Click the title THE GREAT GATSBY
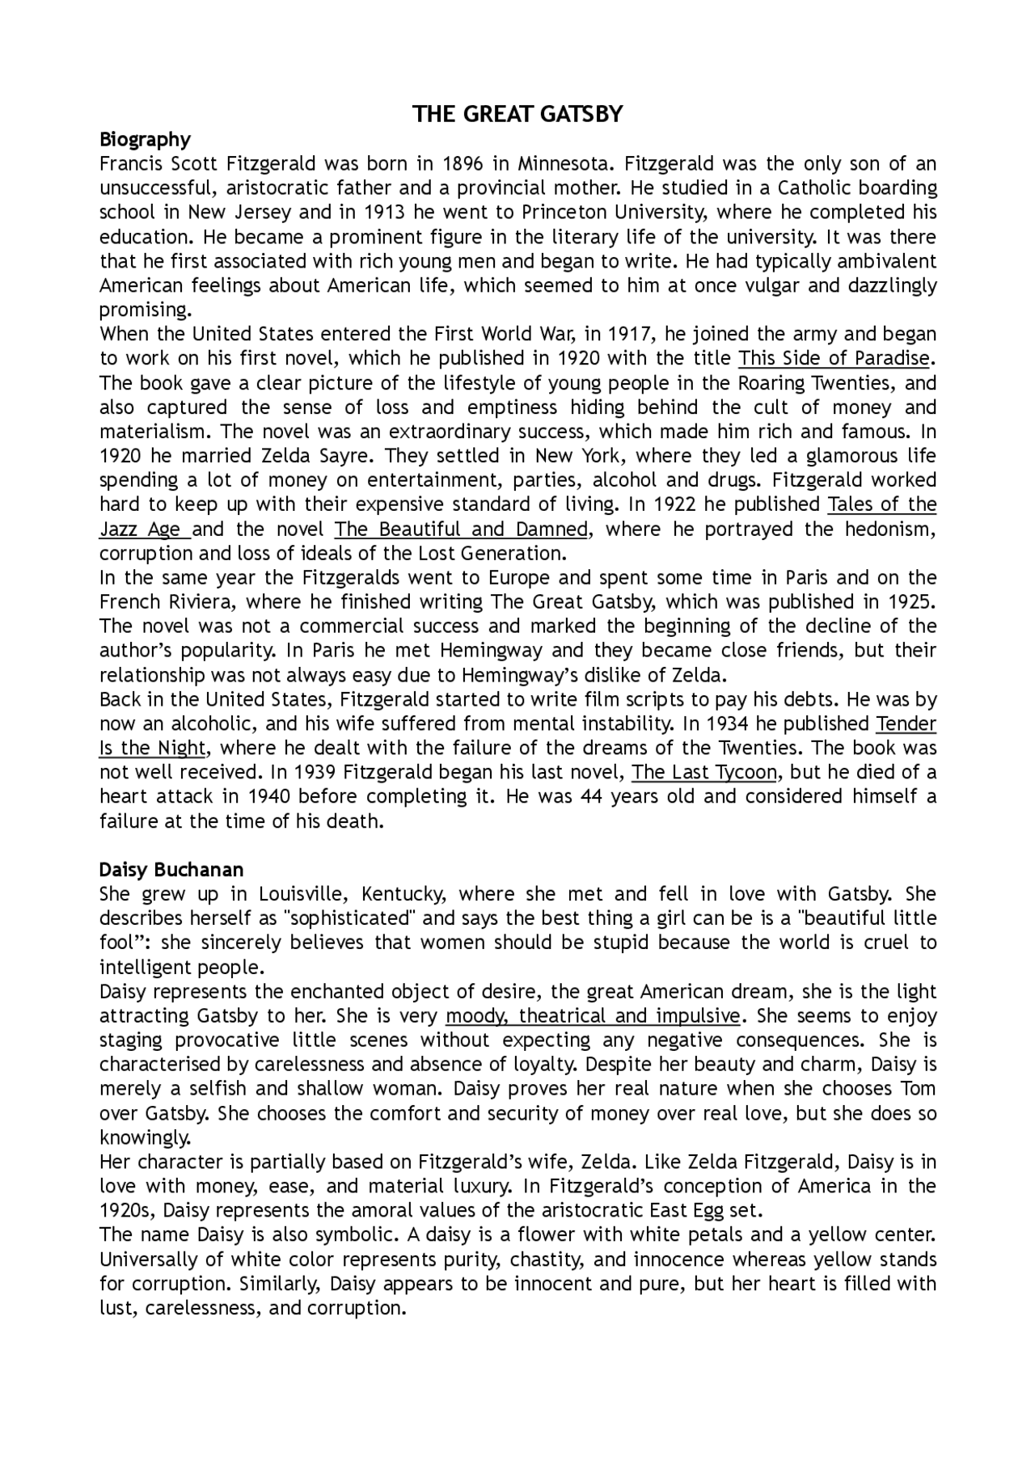517,114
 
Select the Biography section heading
145,140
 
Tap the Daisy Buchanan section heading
171,870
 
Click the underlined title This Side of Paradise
834,358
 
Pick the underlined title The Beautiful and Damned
462,529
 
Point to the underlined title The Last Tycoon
704,773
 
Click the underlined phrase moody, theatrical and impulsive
593,1016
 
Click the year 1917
635,334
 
